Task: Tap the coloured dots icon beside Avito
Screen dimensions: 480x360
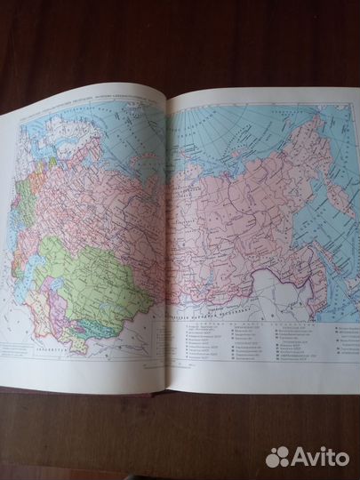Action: click(278, 456)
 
